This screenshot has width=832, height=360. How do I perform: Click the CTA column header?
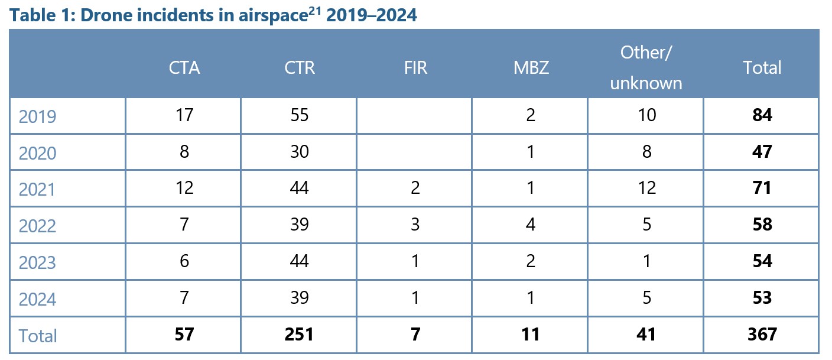coord(184,68)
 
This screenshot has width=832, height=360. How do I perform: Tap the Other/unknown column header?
coord(646,67)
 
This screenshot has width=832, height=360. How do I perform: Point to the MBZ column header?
coord(531,68)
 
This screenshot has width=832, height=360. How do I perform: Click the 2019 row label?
coord(37,116)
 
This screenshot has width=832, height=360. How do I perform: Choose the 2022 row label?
coord(37,226)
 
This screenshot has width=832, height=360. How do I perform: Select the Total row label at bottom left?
coord(38,336)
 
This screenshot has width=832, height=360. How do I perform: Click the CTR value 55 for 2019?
coord(300,115)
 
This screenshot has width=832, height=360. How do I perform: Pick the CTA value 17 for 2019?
coord(184,115)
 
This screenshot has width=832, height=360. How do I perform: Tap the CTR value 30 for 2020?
coord(300,151)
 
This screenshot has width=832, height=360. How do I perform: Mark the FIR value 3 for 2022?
coord(415,225)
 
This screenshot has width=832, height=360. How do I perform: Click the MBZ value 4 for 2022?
coord(531,225)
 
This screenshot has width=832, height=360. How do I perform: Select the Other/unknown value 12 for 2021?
coord(646,188)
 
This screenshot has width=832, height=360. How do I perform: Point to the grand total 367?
coord(762,335)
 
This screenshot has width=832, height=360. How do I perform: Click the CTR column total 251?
coord(300,335)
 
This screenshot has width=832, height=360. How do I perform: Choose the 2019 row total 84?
coord(762,115)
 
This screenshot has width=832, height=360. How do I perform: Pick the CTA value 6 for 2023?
coord(184,261)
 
